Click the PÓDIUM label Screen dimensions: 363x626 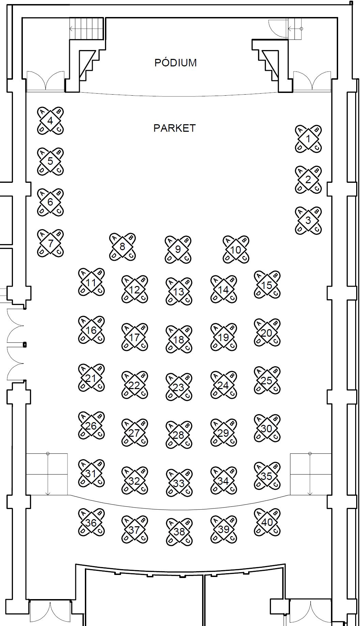(175, 63)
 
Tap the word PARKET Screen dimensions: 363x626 (175, 128)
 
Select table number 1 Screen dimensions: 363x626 (308, 139)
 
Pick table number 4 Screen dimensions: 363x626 (50, 121)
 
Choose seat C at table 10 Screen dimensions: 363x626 (244, 258)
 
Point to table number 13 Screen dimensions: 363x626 (179, 292)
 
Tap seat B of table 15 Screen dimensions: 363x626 (275, 276)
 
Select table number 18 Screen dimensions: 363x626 (179, 339)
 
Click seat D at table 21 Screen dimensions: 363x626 (83, 387)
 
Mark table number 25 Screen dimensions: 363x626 (267, 381)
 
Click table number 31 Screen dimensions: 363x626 (91, 473)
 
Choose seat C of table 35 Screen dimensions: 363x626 (275, 484)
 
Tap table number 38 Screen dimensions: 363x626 (179, 532)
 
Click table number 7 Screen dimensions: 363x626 (50, 243)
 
